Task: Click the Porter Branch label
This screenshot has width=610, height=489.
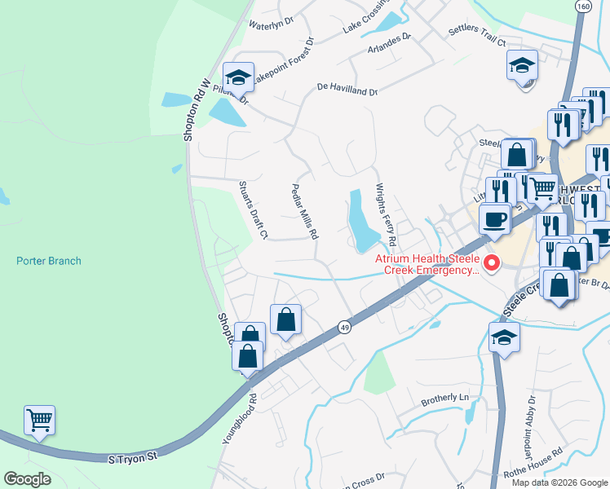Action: (49, 261)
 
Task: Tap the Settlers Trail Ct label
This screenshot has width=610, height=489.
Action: (477, 36)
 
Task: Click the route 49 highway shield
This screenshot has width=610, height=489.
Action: (344, 327)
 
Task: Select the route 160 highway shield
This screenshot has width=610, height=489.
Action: (582, 7)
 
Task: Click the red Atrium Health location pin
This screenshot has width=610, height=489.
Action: (491, 262)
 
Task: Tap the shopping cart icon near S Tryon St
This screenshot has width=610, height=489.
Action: (39, 421)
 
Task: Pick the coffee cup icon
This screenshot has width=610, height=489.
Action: (495, 218)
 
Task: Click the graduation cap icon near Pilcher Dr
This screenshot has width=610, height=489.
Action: (238, 77)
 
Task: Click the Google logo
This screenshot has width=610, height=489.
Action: (28, 480)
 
